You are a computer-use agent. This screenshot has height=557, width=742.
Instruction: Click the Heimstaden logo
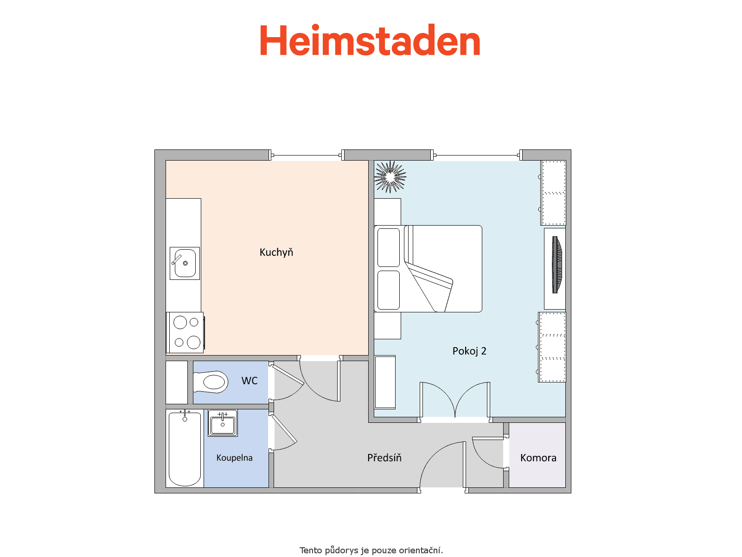tap(370, 40)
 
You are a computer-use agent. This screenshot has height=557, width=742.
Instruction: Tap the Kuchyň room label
tap(276, 253)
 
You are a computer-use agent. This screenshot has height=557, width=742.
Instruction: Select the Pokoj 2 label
tap(469, 351)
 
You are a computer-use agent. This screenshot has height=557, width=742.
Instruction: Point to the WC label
tap(249, 381)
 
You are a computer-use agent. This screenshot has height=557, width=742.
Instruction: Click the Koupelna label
tap(234, 458)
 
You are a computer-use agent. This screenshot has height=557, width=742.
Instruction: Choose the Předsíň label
tap(384, 458)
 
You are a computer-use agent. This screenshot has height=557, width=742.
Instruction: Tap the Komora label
tap(538, 458)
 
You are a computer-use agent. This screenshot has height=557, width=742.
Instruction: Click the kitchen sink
tap(185, 263)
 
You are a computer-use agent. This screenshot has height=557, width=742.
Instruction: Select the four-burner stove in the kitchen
tap(185, 332)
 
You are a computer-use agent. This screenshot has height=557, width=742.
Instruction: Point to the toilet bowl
tap(210, 382)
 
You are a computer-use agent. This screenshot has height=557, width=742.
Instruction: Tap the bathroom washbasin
tap(223, 423)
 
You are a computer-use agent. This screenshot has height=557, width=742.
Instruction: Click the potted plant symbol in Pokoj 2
tap(390, 177)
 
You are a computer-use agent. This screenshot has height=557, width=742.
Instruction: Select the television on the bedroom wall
tap(556, 265)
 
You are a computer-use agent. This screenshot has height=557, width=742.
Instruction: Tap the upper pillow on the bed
tap(389, 247)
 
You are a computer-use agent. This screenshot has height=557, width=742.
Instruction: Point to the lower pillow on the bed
tap(389, 290)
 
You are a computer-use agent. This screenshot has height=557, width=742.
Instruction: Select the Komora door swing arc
tap(483, 459)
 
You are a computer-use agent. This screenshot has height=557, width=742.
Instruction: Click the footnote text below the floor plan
tap(371, 550)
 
